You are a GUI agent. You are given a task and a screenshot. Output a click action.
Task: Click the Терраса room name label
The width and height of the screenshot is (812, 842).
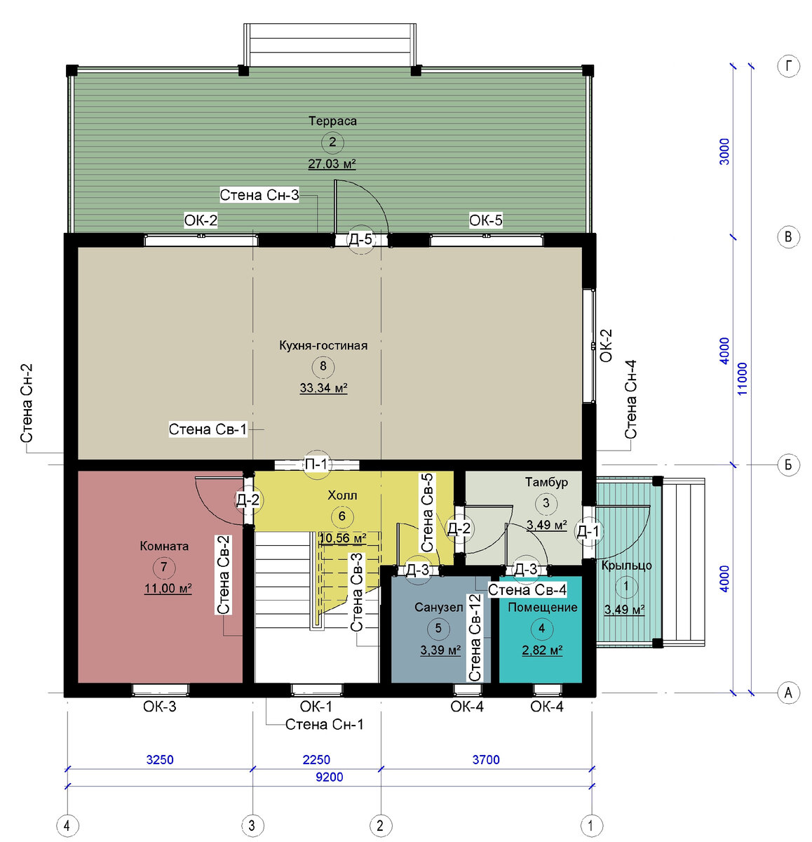pos(332,121)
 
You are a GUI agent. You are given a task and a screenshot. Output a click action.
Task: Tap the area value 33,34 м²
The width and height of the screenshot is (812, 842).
pos(323,388)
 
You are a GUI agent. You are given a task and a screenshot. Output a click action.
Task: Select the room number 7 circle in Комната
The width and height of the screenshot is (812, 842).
pos(164,567)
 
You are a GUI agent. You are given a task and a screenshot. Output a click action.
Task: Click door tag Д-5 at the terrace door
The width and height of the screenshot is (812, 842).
pos(360,239)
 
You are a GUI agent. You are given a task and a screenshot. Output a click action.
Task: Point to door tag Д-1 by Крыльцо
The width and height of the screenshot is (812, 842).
pos(588,531)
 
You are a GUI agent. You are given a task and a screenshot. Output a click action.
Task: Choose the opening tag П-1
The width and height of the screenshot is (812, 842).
pos(316,465)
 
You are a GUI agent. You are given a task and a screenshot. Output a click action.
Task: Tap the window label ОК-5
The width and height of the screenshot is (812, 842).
pos(485,220)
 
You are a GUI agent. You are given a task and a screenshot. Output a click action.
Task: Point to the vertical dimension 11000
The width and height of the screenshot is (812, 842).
pos(742,379)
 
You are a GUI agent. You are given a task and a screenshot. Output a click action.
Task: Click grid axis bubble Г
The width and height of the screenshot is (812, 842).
pos(788,66)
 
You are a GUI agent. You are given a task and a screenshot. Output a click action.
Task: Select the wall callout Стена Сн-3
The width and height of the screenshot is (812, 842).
pos(259,195)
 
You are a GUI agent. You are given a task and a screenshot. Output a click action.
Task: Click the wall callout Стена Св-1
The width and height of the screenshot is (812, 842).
pos(208,429)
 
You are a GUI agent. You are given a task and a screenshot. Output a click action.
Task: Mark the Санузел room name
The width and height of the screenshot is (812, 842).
pos(438,607)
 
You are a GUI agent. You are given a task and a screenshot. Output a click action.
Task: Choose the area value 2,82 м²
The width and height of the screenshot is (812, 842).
pos(542,650)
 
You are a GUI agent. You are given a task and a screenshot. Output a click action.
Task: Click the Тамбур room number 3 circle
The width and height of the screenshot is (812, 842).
pos(546,503)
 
